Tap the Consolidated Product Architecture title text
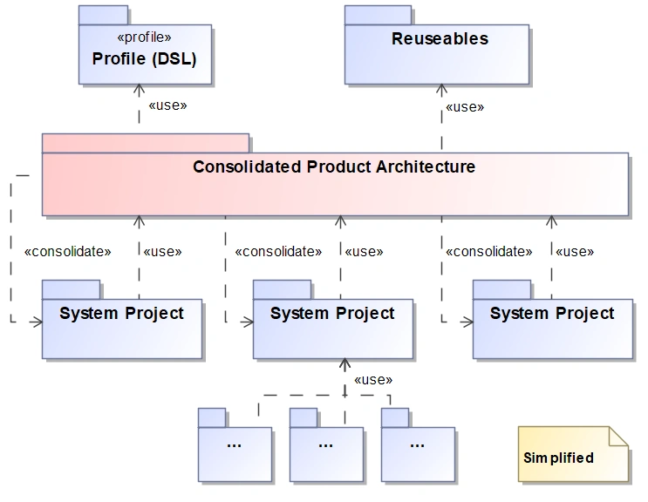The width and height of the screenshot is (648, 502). tap(334, 166)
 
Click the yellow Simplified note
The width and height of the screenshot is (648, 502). tap(572, 455)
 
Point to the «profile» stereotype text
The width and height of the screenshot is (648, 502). tap(144, 37)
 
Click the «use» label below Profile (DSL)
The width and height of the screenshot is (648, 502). tap(167, 106)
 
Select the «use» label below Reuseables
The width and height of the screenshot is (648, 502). tap(464, 107)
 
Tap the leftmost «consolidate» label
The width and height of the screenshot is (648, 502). tap(68, 251)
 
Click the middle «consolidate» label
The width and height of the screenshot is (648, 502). tap(278, 251)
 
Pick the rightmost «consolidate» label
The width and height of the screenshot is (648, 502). tap(488, 251)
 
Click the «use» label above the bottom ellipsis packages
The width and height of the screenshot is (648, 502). tap(372, 380)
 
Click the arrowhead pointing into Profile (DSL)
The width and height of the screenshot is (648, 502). tap(139, 88)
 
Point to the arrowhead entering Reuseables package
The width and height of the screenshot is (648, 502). tap(441, 88)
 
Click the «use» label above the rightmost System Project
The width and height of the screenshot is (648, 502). tap(574, 251)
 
